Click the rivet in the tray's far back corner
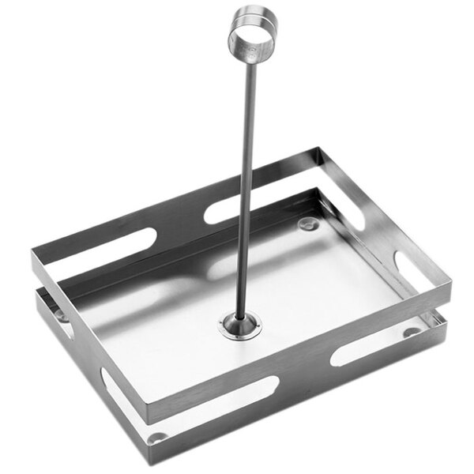307,226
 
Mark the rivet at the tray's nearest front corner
157,437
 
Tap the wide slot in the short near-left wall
115,371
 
